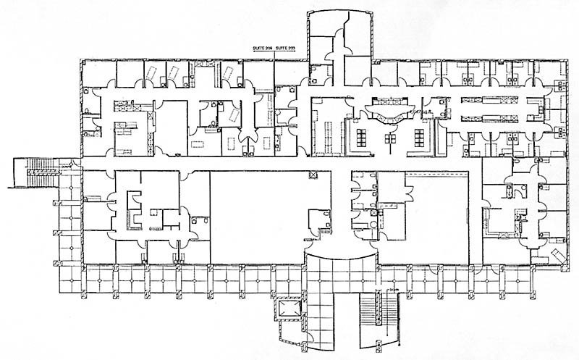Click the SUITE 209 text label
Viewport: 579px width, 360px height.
coord(261,49)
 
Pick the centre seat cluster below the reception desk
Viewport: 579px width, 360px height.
coord(392,138)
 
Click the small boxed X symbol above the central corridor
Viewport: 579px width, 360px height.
coord(313,175)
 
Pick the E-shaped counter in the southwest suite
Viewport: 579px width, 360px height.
coord(135,206)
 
